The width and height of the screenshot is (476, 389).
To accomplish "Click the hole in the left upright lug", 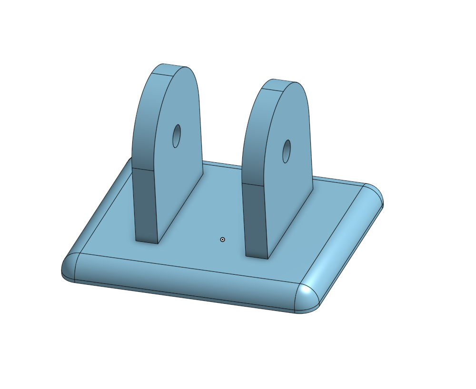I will (x=177, y=136).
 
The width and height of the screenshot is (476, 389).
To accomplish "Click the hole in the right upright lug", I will (x=287, y=151).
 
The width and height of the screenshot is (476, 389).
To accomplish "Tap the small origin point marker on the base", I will (x=222, y=239).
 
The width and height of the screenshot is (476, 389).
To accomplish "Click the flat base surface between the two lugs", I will (x=214, y=209).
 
